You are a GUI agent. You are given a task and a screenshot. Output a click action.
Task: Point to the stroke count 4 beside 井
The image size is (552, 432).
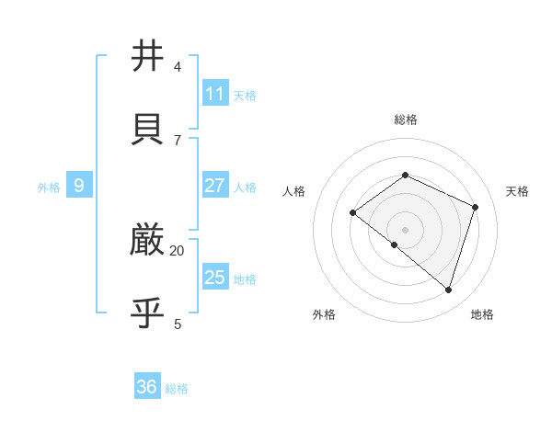coord(178,67)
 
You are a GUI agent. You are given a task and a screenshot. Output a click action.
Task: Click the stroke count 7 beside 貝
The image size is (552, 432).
coord(178,140)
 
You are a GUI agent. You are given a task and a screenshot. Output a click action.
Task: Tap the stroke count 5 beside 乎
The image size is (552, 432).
coord(178,324)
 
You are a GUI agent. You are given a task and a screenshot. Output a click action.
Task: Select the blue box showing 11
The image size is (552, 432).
coord(215,93)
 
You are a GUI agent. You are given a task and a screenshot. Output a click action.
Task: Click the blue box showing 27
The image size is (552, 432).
coord(215,186)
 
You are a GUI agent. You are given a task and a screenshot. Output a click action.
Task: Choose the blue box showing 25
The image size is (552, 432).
coord(215,277)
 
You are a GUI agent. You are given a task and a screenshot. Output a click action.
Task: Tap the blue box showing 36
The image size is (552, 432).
coord(147,387)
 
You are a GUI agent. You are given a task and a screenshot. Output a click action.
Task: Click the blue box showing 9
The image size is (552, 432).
coord(79,186)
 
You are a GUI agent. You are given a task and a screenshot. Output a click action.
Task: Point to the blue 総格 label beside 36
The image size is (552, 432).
coord(177,389)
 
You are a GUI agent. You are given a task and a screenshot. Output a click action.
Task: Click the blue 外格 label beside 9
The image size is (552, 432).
coord(49,188)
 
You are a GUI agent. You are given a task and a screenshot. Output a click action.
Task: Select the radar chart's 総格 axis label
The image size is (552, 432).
coord(405,119)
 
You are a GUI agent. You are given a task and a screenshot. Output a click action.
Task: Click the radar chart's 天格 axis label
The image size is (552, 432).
coord(517,191)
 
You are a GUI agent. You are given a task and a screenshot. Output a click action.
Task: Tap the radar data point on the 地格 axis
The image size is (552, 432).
coord(448,290)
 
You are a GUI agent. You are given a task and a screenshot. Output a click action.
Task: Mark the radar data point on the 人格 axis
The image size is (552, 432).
coord(352,213)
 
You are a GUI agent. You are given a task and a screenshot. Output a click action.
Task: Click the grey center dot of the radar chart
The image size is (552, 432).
coord(405,230)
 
